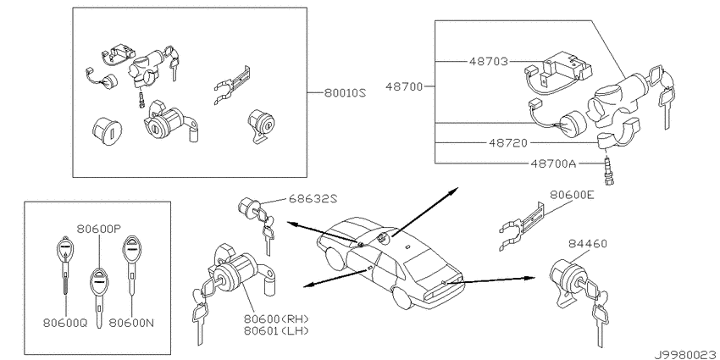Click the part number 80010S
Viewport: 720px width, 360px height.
345,93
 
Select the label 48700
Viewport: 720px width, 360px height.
404,86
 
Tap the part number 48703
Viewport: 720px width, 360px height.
489,61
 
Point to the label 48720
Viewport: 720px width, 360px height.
508,143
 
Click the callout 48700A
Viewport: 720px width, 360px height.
553,163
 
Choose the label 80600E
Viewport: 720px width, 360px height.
572,195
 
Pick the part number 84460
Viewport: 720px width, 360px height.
588,243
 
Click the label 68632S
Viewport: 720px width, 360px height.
313,198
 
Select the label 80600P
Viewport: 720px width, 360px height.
99,228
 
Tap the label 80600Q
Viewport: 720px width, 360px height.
65,323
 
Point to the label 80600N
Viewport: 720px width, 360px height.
131,323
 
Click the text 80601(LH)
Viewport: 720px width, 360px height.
276,330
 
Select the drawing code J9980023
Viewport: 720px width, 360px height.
687,354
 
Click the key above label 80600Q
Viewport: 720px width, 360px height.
64,265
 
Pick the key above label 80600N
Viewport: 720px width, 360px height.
130,265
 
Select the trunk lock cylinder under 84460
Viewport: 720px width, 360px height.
566,279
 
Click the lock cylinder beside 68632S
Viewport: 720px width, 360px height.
248,208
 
